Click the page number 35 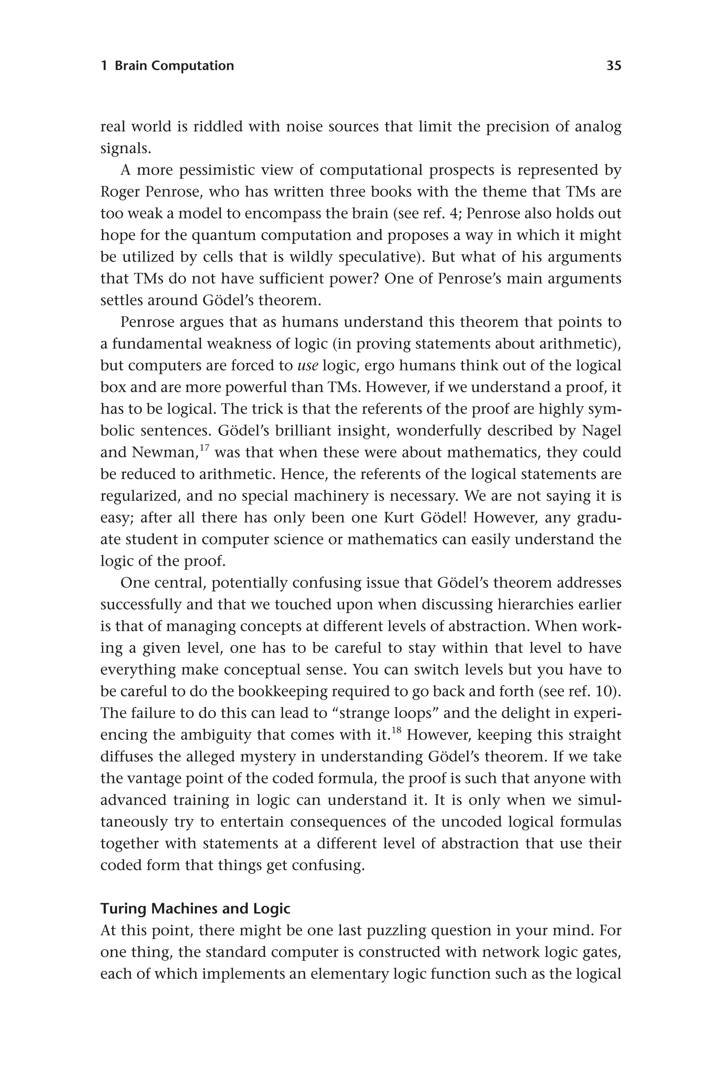point(613,66)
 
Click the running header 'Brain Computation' point(174,66)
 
